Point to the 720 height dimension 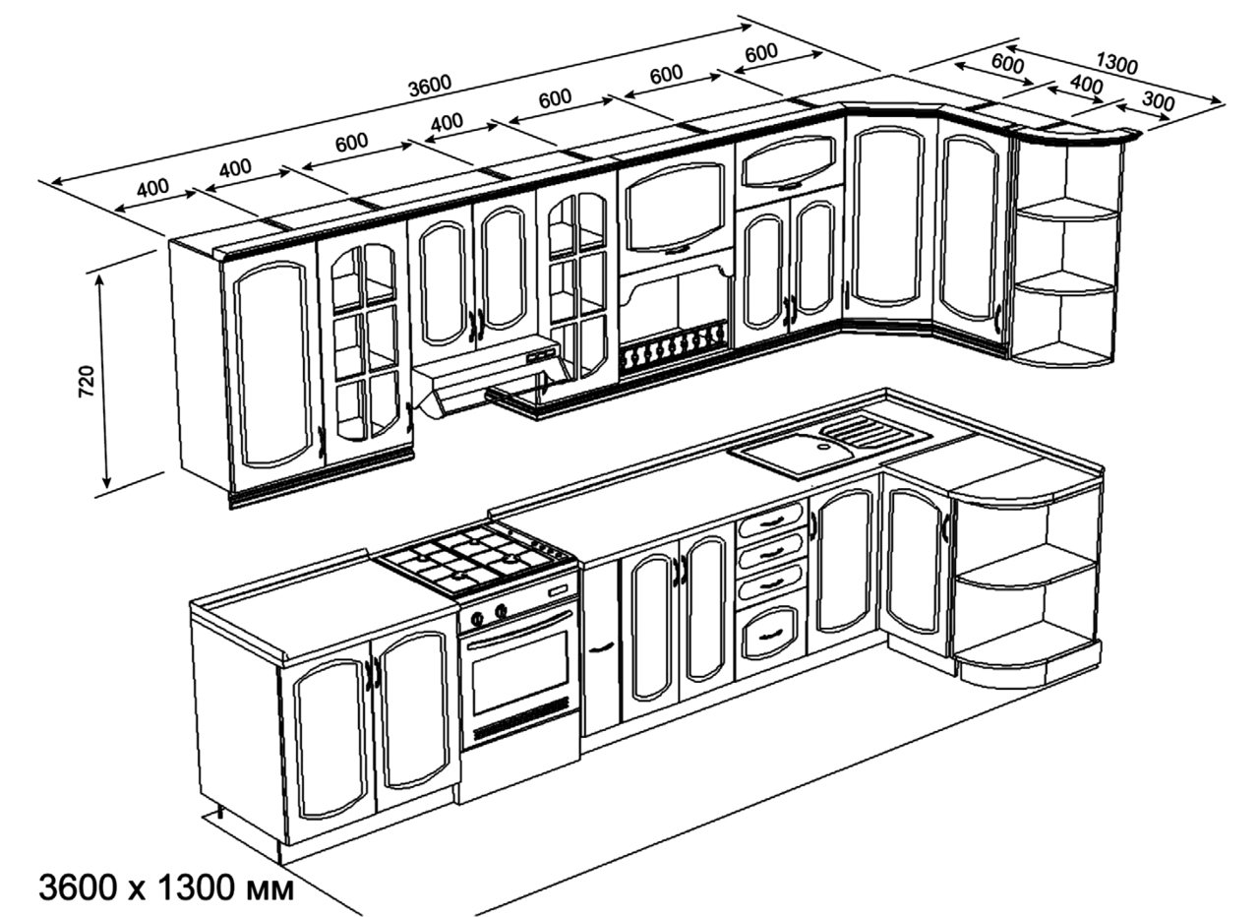click(87, 381)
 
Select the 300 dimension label click(1159, 99)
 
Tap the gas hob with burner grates click(477, 559)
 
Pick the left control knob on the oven click(478, 619)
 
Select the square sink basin click(795, 455)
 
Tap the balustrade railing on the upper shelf click(674, 348)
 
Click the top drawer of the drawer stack click(770, 520)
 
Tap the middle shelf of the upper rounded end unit click(1066, 282)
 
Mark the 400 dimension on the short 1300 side click(1085, 85)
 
